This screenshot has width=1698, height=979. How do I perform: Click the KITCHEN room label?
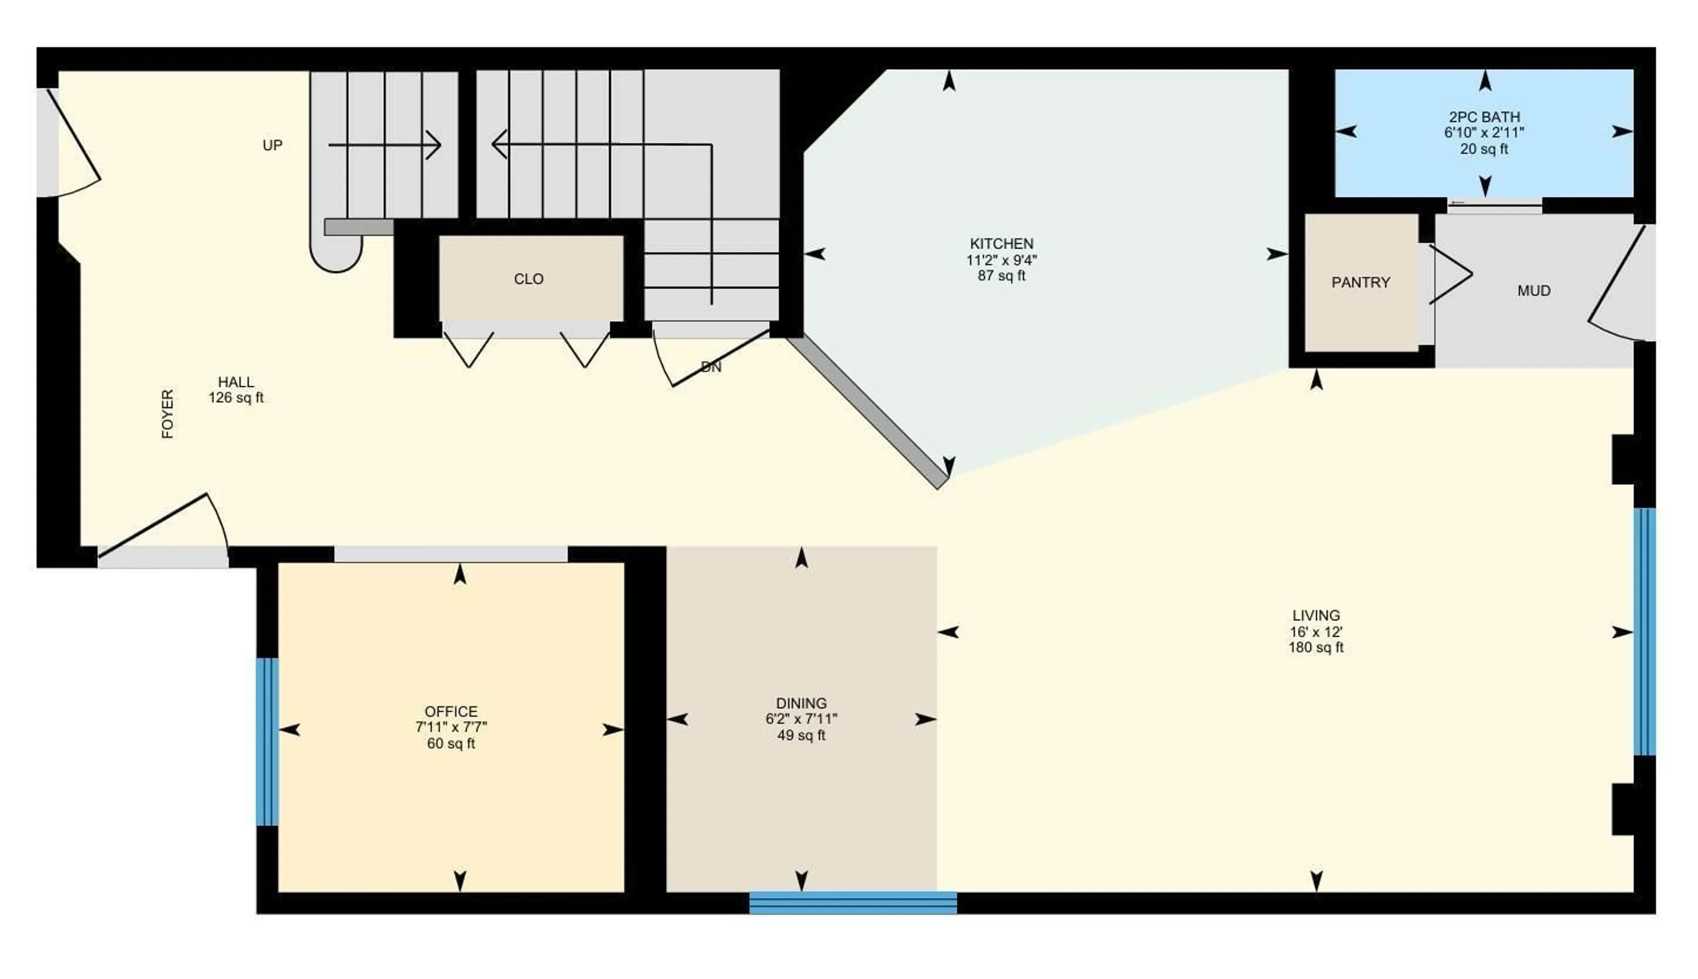tap(1001, 243)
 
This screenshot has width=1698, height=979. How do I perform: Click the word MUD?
tap(1534, 291)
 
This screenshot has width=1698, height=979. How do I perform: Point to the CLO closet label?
tap(528, 279)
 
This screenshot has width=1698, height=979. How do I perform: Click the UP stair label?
tap(272, 145)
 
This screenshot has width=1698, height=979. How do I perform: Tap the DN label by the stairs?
tap(711, 367)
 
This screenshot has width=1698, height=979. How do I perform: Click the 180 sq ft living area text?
tap(1316, 647)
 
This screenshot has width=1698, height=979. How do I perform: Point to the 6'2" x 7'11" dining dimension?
tap(801, 719)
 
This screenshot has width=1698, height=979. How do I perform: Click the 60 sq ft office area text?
tap(451, 744)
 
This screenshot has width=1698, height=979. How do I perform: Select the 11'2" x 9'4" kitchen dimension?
tap(1001, 260)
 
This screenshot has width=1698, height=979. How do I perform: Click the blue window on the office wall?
tap(267, 741)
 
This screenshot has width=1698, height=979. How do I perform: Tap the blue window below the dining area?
tap(853, 903)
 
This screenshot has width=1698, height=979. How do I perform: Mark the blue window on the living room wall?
tap(1644, 632)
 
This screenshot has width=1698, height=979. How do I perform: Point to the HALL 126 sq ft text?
tap(236, 390)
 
